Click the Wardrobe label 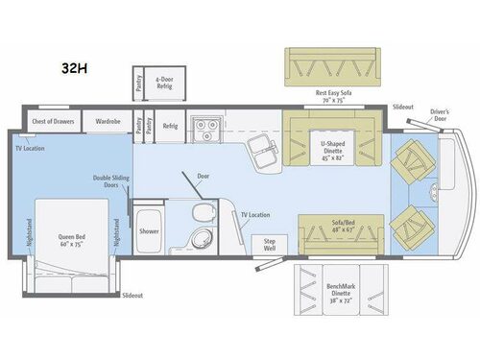point(108,122)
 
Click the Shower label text point(148,230)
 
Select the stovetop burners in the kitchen point(204,124)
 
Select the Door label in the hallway point(203,177)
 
